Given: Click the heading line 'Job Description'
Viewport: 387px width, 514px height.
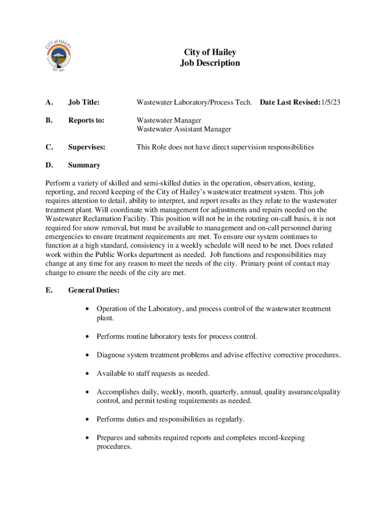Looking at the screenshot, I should pyautogui.click(x=210, y=63).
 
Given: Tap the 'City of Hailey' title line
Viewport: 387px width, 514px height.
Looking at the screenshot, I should pyautogui.click(x=210, y=52).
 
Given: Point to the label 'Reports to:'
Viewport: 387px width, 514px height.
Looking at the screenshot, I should pyautogui.click(x=86, y=120).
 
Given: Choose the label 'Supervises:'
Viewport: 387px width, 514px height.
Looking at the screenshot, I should pyautogui.click(x=86, y=147).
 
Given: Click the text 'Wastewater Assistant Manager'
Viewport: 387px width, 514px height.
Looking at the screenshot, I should pyautogui.click(x=184, y=129).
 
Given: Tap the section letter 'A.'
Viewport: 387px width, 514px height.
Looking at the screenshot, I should pyautogui.click(x=49, y=103).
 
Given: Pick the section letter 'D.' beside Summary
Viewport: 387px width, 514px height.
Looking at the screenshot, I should pyautogui.click(x=49, y=165).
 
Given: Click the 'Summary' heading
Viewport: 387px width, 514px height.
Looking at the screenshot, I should pyautogui.click(x=84, y=165).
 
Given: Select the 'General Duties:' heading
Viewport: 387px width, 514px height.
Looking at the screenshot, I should pyautogui.click(x=93, y=290).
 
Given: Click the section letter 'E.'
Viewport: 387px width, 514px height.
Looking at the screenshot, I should pyautogui.click(x=48, y=290).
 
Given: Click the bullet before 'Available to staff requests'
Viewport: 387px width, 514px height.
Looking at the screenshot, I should pyautogui.click(x=88, y=373).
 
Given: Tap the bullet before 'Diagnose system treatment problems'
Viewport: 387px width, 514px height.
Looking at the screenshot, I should pyautogui.click(x=88, y=355).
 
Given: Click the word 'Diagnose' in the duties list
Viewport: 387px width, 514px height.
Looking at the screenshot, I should pyautogui.click(x=111, y=355).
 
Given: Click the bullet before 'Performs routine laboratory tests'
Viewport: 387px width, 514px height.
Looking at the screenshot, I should pyautogui.click(x=88, y=336).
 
